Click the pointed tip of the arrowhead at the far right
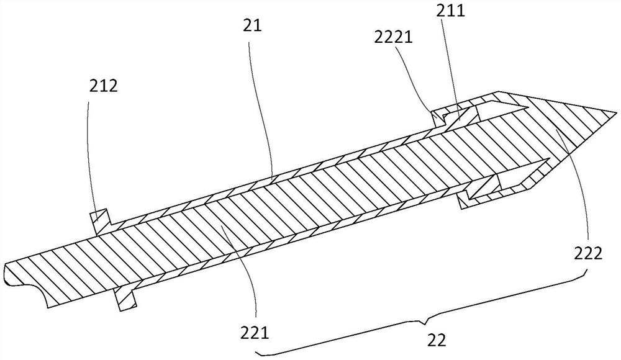pos(617,112)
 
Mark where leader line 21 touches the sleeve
pos(273,178)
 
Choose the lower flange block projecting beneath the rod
pos(125,299)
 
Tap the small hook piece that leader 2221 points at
pos(438,117)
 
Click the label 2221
pos(394,38)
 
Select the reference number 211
pos(451,11)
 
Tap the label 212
pos(103,86)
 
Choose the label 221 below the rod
pos(255,333)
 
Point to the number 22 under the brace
pos(437,340)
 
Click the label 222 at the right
pos(588,253)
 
